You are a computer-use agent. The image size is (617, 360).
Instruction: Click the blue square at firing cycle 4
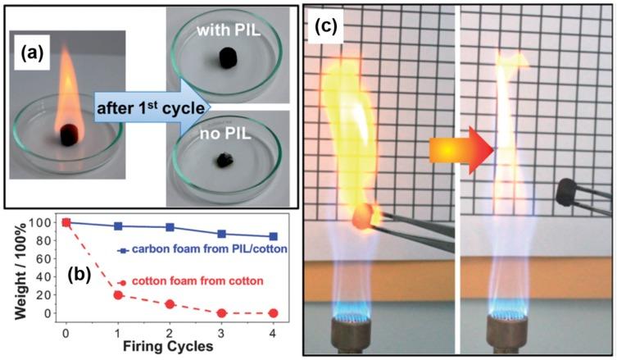(x=273, y=236)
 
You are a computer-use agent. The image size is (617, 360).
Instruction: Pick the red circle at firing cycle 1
(x=118, y=294)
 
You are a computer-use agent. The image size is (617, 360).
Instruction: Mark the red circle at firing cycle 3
(x=221, y=312)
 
